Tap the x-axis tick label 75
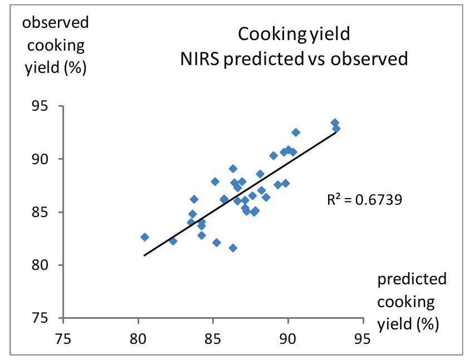[x=63, y=337]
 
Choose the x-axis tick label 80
[x=138, y=337]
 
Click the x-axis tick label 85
[x=213, y=337]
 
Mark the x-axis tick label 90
[x=288, y=337]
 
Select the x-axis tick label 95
[x=363, y=337]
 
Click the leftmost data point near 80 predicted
[x=145, y=237]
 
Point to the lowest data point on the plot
[x=233, y=248]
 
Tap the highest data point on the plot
[x=335, y=122]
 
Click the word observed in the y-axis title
[x=55, y=23]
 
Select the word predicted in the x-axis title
[x=412, y=279]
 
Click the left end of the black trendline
[x=145, y=255]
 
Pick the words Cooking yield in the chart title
[x=294, y=34]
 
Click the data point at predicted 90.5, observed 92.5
[x=296, y=132]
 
